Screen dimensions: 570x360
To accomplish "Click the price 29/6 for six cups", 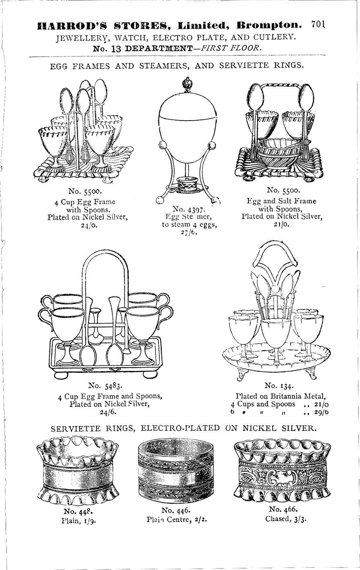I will tap(323, 412).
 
